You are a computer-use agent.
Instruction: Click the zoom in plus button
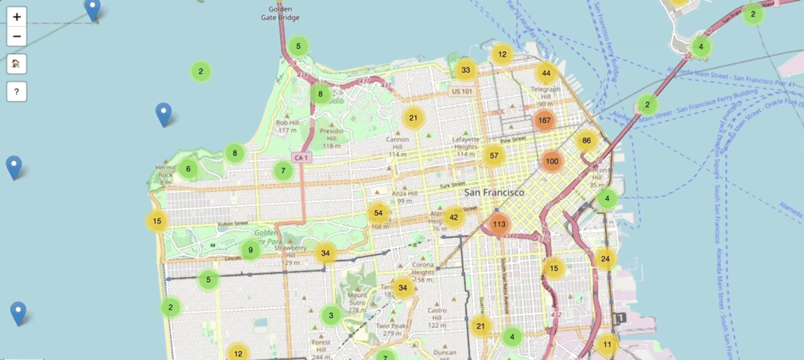(17, 17)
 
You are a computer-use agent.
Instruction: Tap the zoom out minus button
(17, 37)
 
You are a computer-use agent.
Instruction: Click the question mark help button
(17, 92)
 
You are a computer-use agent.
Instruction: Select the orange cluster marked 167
(545, 120)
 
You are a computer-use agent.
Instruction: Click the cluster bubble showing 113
(500, 224)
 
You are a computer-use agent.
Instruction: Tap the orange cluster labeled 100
(552, 161)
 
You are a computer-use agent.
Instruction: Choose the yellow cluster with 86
(586, 140)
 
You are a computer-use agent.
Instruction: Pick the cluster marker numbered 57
(494, 155)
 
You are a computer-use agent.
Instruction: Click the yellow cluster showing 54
(378, 213)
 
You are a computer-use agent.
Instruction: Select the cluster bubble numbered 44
(546, 73)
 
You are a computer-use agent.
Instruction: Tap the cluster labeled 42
(454, 217)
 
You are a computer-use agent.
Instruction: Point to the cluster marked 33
(466, 70)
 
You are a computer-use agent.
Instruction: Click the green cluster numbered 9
(250, 250)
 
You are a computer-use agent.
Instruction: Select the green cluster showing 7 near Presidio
(283, 170)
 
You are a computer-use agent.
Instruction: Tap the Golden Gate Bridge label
(280, 13)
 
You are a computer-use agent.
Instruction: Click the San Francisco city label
(494, 192)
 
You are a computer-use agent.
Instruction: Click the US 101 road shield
(461, 92)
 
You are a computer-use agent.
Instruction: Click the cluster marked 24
(605, 259)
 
